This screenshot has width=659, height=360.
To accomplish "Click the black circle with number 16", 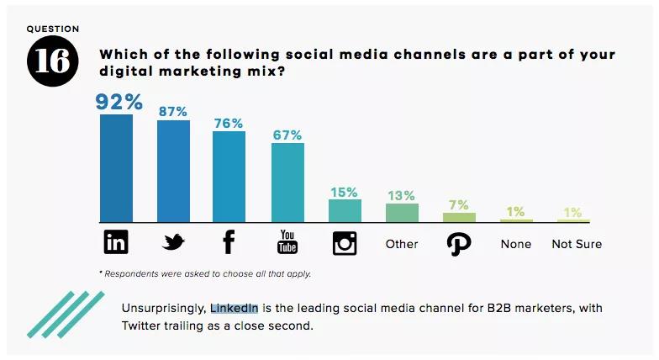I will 52,61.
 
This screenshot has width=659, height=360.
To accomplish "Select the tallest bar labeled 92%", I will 116,168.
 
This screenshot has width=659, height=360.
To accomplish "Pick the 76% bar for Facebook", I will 229,177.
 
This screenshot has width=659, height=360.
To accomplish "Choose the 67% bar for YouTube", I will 287,183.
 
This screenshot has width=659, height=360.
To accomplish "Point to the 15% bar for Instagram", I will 345,211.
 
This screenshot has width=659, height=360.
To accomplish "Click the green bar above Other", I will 402,213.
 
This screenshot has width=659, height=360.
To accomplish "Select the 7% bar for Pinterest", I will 459,217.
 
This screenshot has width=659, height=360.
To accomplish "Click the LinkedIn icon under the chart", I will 116,243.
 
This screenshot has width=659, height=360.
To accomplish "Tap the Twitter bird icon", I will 173,243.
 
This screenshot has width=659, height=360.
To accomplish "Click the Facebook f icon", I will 229,243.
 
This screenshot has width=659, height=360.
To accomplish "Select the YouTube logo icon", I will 287,243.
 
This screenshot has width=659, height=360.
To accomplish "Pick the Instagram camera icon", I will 345,243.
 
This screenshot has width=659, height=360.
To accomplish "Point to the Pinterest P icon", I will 459,244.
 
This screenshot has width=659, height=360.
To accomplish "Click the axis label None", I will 516,244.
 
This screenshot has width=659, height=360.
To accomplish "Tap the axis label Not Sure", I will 577,244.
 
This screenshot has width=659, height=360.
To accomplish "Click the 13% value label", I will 402,195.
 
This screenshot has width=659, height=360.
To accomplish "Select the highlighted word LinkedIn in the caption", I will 235,309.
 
